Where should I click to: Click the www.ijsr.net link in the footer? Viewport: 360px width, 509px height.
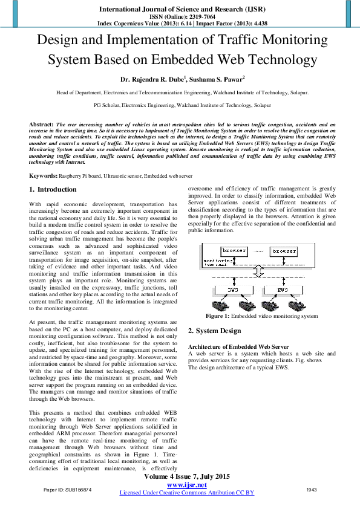186,485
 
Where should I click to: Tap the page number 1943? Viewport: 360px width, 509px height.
312,489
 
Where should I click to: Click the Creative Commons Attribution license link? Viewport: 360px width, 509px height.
186,493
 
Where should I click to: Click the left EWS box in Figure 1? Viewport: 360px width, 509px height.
234,290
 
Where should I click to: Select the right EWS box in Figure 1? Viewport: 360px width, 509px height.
282,290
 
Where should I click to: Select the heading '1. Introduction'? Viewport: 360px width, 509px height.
53,189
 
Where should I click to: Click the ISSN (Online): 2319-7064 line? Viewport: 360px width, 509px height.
180,17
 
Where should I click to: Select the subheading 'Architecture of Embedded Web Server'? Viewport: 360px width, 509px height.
238,346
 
